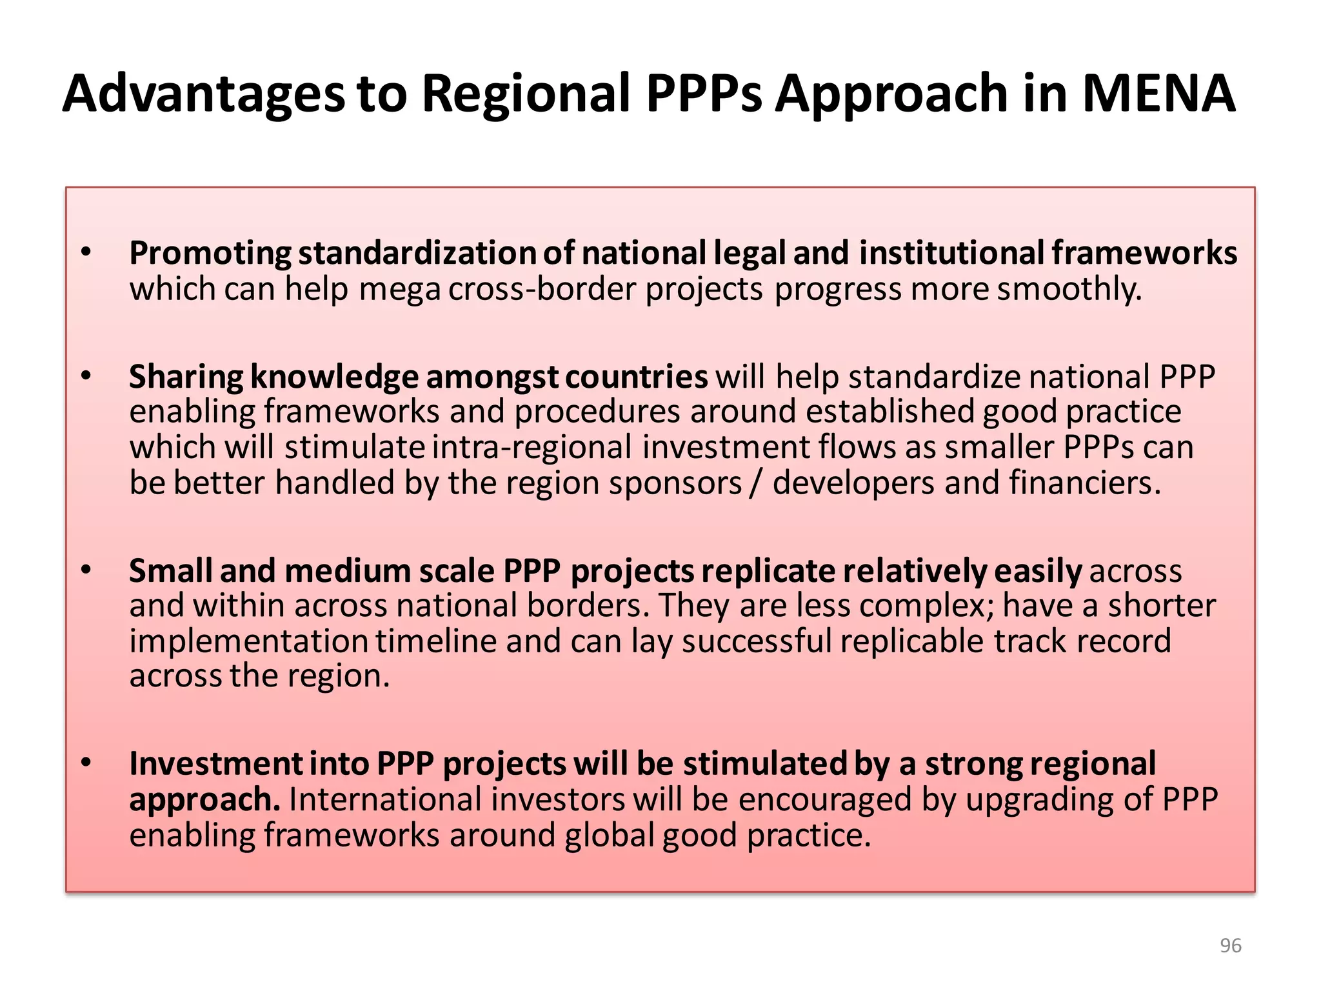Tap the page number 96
click(x=1231, y=946)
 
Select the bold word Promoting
click(x=210, y=253)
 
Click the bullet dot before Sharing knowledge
click(x=86, y=375)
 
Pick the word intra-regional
click(x=531, y=447)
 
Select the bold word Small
click(x=170, y=571)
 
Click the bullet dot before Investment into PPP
click(x=86, y=763)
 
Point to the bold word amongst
click(x=492, y=377)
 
